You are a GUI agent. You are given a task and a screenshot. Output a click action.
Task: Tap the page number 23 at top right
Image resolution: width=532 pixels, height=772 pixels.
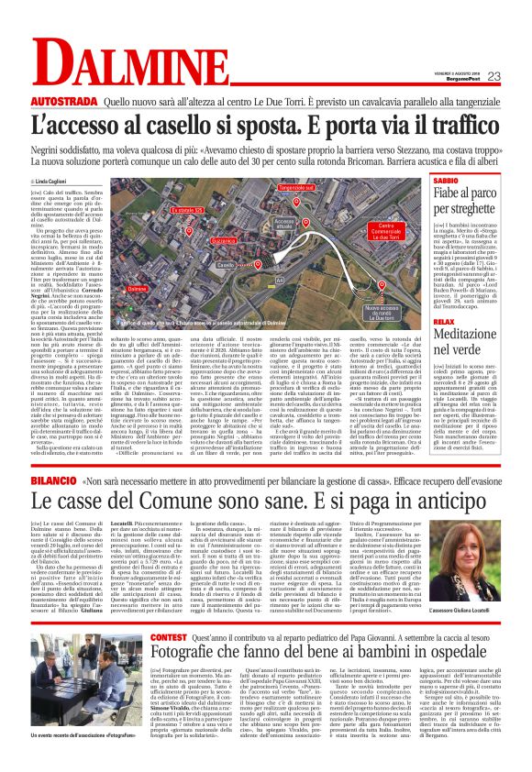pos(519,76)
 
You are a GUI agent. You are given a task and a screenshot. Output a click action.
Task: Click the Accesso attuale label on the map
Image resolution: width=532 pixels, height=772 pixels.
pos(284,223)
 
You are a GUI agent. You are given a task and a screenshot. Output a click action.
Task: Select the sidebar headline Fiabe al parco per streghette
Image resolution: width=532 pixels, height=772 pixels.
pos(477,202)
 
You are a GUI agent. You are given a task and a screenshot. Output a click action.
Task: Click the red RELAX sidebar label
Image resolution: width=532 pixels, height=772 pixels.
pos(445,349)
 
